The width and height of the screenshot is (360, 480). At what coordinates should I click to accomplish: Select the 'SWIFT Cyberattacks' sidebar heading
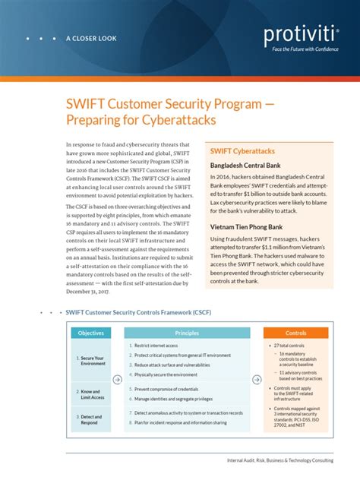click(242, 152)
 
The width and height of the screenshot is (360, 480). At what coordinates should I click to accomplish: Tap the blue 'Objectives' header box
click(91, 333)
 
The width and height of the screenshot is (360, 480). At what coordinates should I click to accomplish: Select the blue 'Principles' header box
click(187, 333)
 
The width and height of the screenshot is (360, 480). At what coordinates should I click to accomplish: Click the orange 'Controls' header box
click(295, 333)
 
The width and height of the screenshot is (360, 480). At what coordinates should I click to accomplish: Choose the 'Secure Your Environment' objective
click(93, 360)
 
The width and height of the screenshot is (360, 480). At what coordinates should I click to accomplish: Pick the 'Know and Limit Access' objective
click(93, 393)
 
